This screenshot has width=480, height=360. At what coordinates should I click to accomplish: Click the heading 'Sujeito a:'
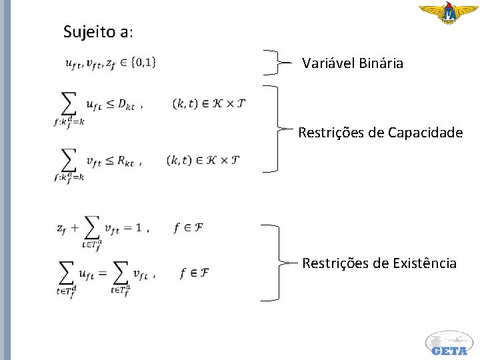point(97,31)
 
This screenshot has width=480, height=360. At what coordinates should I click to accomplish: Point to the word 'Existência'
point(424,263)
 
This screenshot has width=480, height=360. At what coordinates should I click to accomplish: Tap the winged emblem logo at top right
point(448,13)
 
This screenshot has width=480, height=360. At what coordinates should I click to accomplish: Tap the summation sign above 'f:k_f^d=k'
point(69,103)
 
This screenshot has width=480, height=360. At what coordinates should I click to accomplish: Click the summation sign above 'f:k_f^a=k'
point(69,160)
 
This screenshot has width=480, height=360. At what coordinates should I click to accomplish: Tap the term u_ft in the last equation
point(86,273)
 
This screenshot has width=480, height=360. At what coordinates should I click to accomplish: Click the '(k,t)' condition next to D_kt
point(184,103)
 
